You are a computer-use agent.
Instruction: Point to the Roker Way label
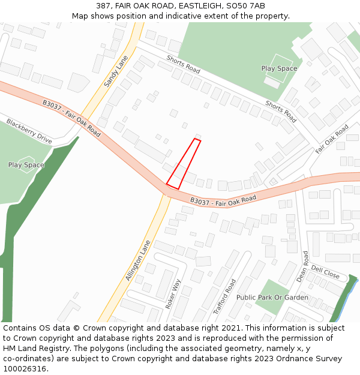click(173, 293)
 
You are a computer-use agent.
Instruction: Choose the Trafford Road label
click(224, 296)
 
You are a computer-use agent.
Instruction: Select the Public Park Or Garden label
click(272, 298)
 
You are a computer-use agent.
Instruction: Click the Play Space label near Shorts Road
click(279, 68)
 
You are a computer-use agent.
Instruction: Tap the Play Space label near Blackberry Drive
click(26, 165)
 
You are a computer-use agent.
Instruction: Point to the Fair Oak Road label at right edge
click(332, 139)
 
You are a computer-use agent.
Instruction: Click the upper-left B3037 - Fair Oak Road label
click(71, 118)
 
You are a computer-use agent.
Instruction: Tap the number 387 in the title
click(103, 6)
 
